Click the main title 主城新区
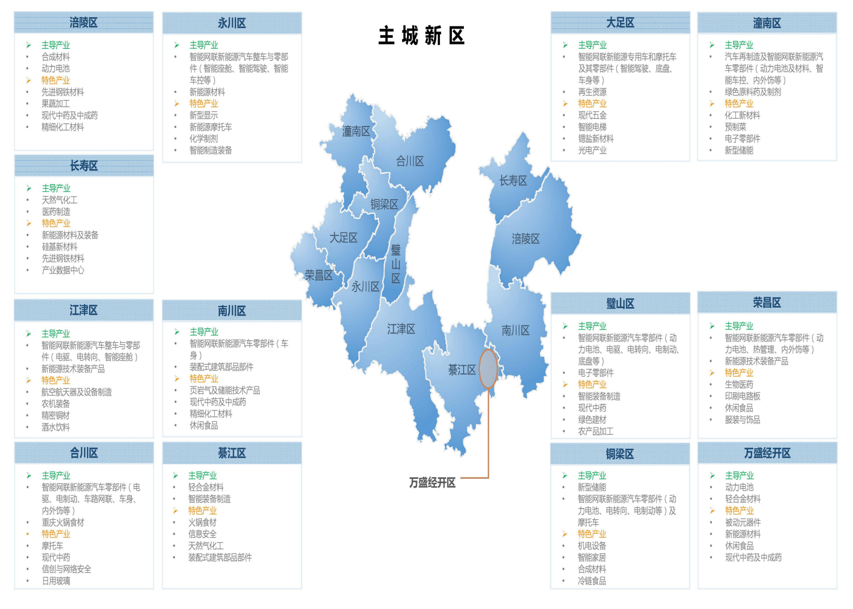click(x=421, y=36)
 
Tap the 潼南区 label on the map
click(x=356, y=131)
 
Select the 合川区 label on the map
click(x=410, y=161)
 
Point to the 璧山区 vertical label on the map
click(x=396, y=264)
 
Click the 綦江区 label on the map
click(x=462, y=370)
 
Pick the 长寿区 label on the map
click(x=513, y=181)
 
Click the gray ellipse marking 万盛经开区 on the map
click(x=488, y=369)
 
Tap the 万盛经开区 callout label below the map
click(x=432, y=482)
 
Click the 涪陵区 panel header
click(x=84, y=23)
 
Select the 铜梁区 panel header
click(x=620, y=454)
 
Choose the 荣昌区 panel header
click(x=767, y=302)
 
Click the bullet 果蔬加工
click(x=56, y=104)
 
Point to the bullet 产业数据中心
click(x=63, y=270)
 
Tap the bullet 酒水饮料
click(x=56, y=427)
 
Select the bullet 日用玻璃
click(x=56, y=581)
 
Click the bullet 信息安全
click(x=202, y=534)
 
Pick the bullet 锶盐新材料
click(x=596, y=139)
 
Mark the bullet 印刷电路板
click(x=742, y=396)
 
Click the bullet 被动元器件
click(x=742, y=522)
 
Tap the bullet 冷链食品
click(x=592, y=581)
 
